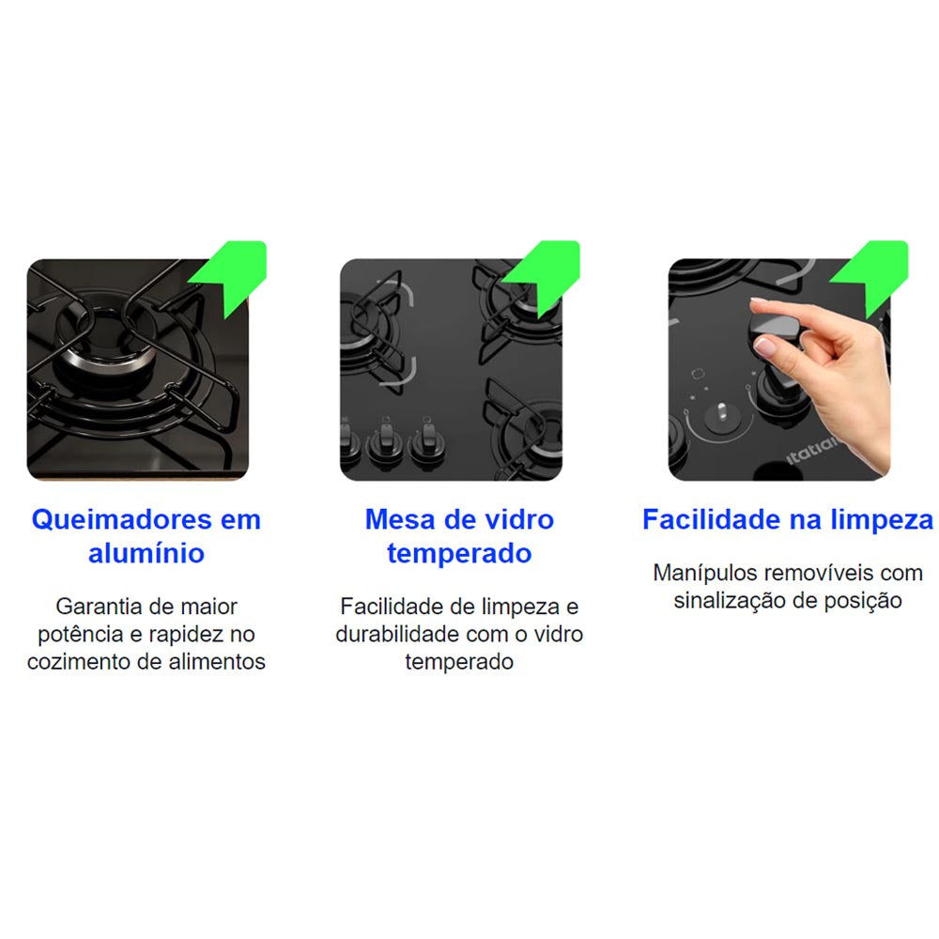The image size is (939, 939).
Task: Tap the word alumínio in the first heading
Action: point(146,553)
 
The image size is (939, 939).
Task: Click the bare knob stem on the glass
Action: point(722,411)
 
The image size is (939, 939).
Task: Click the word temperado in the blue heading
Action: point(459,553)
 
